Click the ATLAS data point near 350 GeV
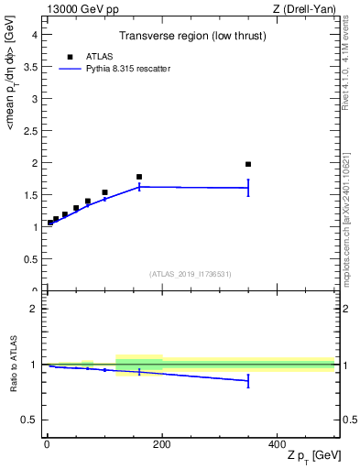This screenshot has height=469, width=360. (x=248, y=164)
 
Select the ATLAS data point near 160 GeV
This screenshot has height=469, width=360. (x=139, y=177)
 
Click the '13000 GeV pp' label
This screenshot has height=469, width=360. (x=75, y=9)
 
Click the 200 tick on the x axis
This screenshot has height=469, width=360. (x=161, y=444)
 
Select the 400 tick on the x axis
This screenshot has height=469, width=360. (x=277, y=444)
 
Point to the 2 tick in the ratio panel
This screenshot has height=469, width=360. (x=33, y=309)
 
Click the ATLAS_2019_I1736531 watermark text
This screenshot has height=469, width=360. (x=191, y=274)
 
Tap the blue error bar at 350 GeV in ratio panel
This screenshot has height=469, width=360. (x=248, y=381)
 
